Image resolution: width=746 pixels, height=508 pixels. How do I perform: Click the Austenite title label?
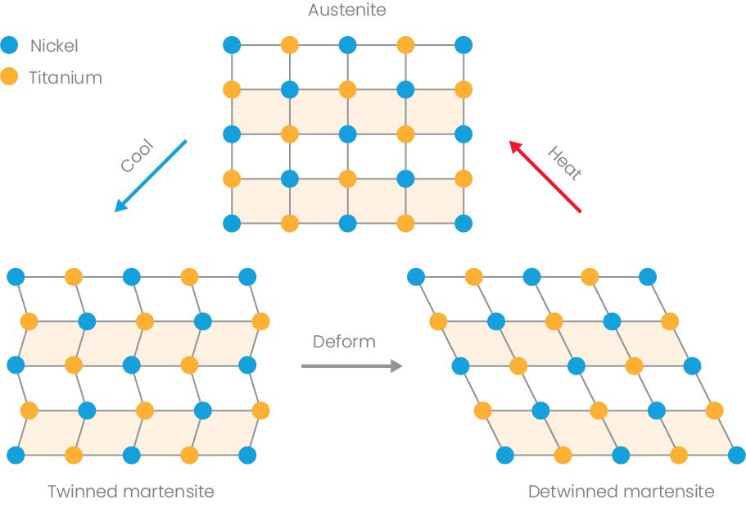click(346, 11)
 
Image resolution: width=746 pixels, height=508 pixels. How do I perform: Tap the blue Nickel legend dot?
click(10, 46)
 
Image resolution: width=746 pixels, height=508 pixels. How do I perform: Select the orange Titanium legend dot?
click(10, 78)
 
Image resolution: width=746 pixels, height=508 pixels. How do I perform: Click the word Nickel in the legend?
click(54, 46)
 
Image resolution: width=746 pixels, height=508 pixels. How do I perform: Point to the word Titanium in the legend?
click(66, 78)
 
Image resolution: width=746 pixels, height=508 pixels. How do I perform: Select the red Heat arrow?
click(545, 177)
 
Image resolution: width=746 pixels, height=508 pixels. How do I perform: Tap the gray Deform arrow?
click(352, 365)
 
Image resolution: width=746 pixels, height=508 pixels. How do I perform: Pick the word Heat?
click(564, 162)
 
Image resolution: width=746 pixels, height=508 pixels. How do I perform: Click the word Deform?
click(344, 341)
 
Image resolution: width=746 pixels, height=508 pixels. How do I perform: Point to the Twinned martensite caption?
click(130, 492)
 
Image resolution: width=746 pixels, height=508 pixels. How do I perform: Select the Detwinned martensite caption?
click(621, 492)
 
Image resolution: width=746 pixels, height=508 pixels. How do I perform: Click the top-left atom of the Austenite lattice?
click(231, 44)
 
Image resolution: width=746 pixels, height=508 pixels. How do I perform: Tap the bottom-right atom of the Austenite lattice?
click(463, 222)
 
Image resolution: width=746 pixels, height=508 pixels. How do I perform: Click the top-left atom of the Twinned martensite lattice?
click(15, 276)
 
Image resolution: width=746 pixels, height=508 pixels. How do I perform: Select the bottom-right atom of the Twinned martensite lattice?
click(247, 454)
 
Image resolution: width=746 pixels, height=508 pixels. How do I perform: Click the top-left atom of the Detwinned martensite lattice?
click(415, 276)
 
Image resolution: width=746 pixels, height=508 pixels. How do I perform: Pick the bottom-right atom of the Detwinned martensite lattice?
click(736, 454)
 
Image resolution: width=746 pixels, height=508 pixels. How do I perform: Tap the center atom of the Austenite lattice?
click(347, 133)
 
